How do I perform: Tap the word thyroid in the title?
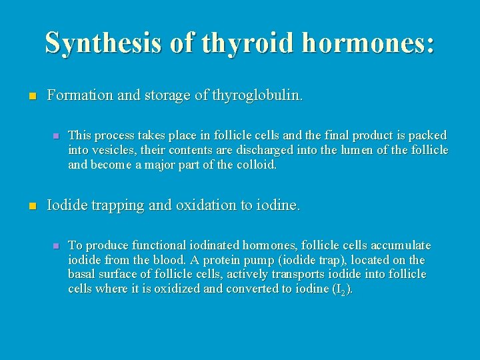245,43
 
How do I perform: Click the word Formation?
80,95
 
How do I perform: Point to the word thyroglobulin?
256,95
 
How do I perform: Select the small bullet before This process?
56,135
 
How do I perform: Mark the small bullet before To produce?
56,246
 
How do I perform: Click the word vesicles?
109,150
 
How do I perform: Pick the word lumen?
361,150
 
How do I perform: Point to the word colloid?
256,164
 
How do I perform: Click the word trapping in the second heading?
113,206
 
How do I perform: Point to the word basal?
83,274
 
